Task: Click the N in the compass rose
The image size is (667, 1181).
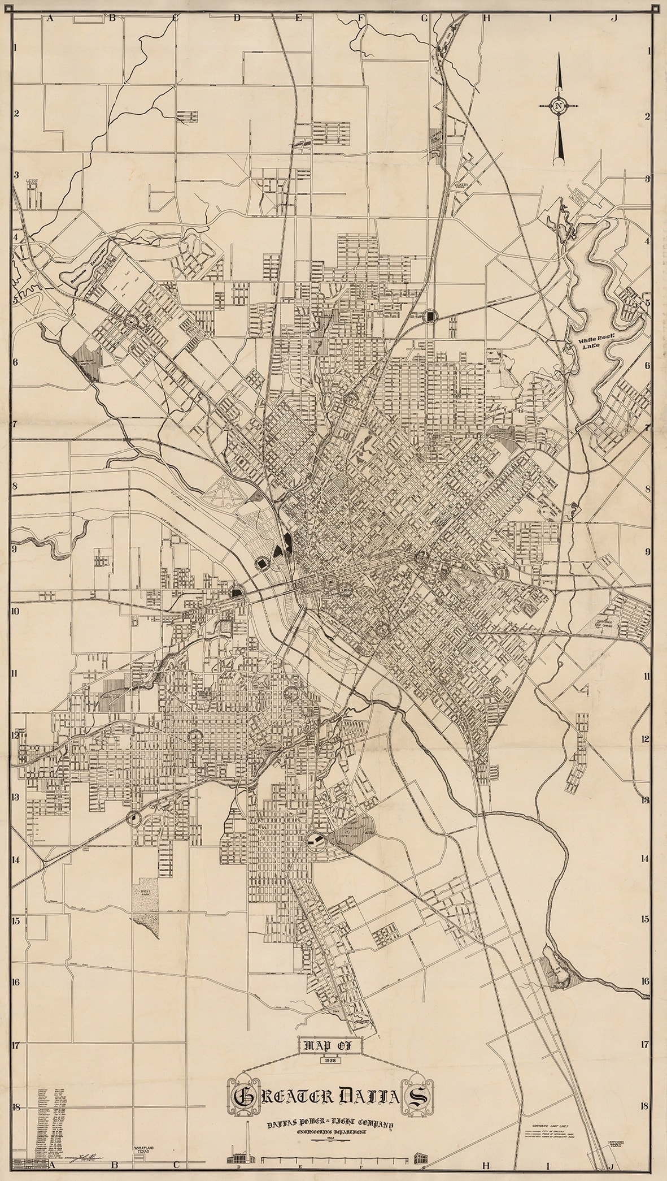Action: pyautogui.click(x=558, y=106)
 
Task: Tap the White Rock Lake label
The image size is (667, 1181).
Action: pyautogui.click(x=600, y=346)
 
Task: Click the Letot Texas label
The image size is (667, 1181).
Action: pyautogui.click(x=32, y=183)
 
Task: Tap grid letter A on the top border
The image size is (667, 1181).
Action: pyautogui.click(x=50, y=18)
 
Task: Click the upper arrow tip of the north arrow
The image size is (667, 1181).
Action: pyautogui.click(x=559, y=57)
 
